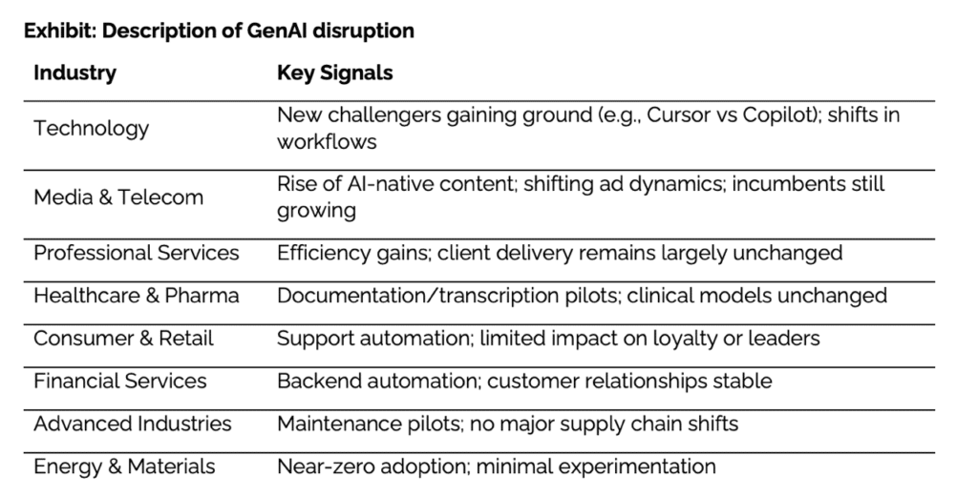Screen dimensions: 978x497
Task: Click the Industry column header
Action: tap(74, 73)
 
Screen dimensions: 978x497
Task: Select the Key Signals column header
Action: tap(335, 73)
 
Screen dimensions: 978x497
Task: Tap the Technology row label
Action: tap(91, 129)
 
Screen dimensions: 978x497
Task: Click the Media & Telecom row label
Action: tap(118, 197)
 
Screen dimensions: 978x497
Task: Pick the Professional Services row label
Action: tap(137, 253)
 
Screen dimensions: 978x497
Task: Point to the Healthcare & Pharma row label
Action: tap(137, 295)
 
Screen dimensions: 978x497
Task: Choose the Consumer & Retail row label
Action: tap(123, 339)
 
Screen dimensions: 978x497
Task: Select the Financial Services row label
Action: tap(119, 382)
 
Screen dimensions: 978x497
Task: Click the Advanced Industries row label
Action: tap(132, 425)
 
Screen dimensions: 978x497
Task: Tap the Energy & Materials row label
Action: tap(124, 467)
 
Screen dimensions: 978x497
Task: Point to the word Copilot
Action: tap(779, 116)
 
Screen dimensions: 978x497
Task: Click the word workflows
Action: tap(327, 142)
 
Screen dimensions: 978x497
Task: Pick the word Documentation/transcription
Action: tap(447, 296)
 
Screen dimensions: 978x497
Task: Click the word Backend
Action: tap(318, 382)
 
